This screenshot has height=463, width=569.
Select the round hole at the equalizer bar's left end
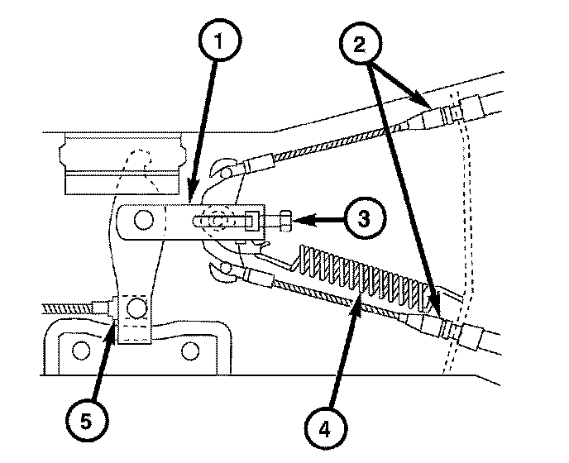[143, 220]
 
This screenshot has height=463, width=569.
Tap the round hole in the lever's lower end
[135, 309]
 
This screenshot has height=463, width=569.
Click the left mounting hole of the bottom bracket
[80, 350]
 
